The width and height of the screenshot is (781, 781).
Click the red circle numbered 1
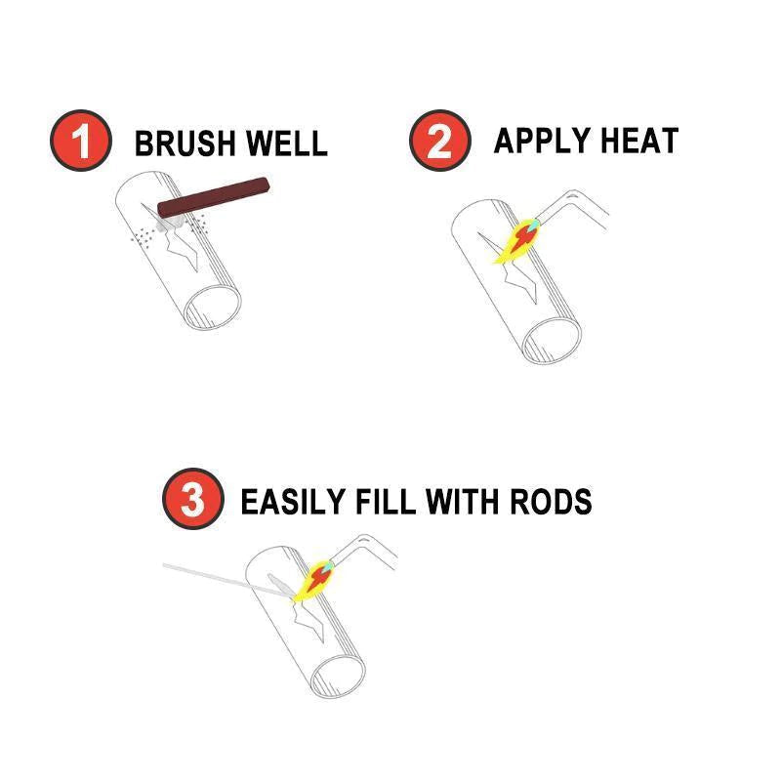click(79, 142)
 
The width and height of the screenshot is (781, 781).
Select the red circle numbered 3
click(192, 500)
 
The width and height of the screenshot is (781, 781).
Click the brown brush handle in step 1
click(214, 195)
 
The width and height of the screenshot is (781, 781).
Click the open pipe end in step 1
click(214, 308)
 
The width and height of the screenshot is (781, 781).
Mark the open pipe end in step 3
click(338, 673)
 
